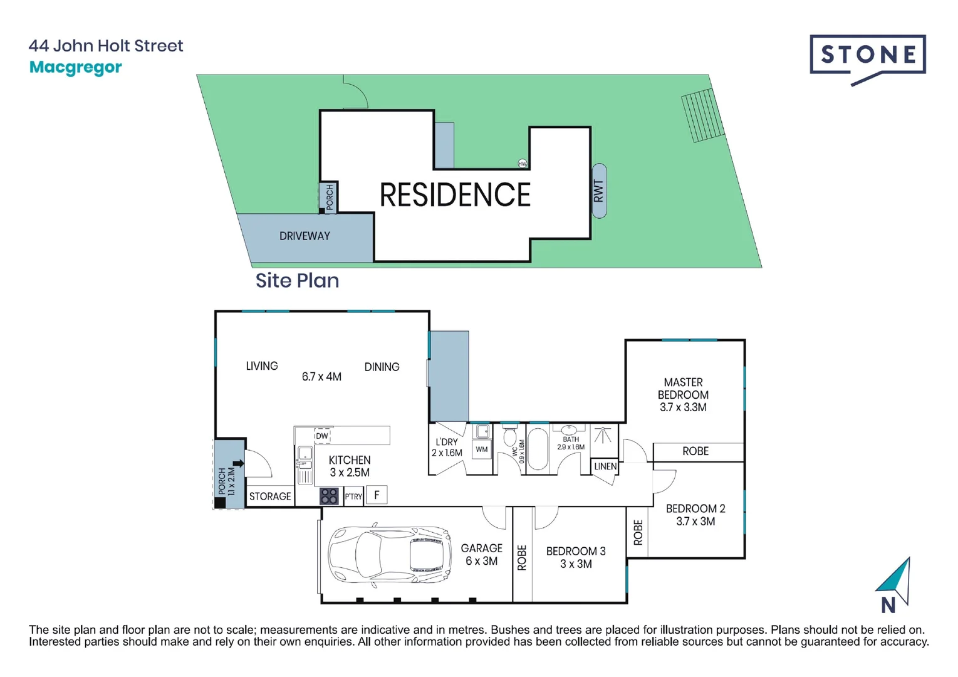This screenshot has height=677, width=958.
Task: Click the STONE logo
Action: point(867,56)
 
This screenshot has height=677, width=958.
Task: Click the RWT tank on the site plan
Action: point(599,191)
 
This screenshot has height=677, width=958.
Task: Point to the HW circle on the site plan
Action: point(523,164)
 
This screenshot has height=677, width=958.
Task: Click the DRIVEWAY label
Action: point(305,236)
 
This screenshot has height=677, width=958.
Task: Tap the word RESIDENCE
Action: point(455,195)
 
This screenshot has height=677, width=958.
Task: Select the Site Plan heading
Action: point(297,280)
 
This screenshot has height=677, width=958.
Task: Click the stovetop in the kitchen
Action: point(329,496)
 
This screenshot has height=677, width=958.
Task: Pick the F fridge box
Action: point(377,495)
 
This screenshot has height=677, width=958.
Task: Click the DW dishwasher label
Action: point(321,436)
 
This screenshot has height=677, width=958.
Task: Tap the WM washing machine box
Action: point(482,449)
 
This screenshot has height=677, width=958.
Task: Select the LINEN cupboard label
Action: point(605,466)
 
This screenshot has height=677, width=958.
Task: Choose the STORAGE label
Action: point(270,496)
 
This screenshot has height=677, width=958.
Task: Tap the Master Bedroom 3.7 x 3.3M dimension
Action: point(683,407)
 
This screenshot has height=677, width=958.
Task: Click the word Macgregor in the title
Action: point(76,67)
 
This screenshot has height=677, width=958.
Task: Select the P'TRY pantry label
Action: point(353,496)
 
